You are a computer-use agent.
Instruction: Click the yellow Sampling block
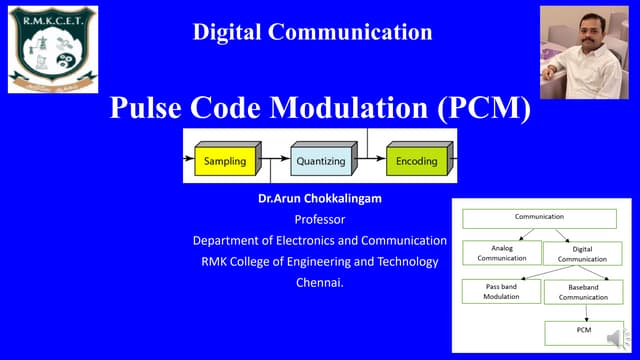(225, 160)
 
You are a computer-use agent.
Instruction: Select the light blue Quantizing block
(318, 160)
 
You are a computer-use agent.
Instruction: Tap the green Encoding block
(416, 160)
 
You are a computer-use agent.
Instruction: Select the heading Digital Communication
(312, 32)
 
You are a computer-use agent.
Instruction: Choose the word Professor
(319, 219)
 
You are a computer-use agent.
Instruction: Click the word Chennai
(319, 282)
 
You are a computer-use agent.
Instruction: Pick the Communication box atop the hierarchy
(539, 217)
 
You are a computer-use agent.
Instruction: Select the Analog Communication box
(501, 252)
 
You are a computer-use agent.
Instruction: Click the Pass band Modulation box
(501, 291)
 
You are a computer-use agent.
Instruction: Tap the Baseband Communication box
(582, 291)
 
